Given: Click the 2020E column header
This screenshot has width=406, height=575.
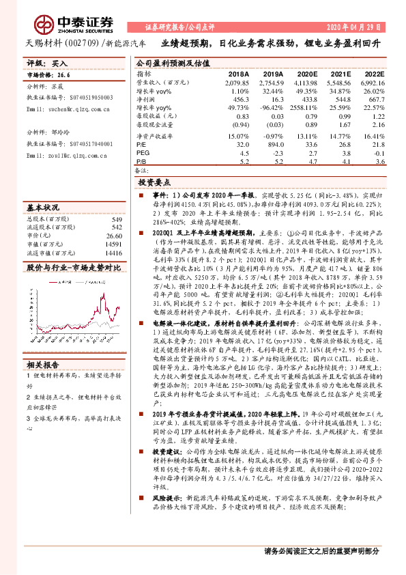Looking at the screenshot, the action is click(x=306, y=72).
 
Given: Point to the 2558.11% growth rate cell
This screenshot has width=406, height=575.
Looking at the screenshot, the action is click(x=304, y=109).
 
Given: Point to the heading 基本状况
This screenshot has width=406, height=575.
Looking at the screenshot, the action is click(x=42, y=206).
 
